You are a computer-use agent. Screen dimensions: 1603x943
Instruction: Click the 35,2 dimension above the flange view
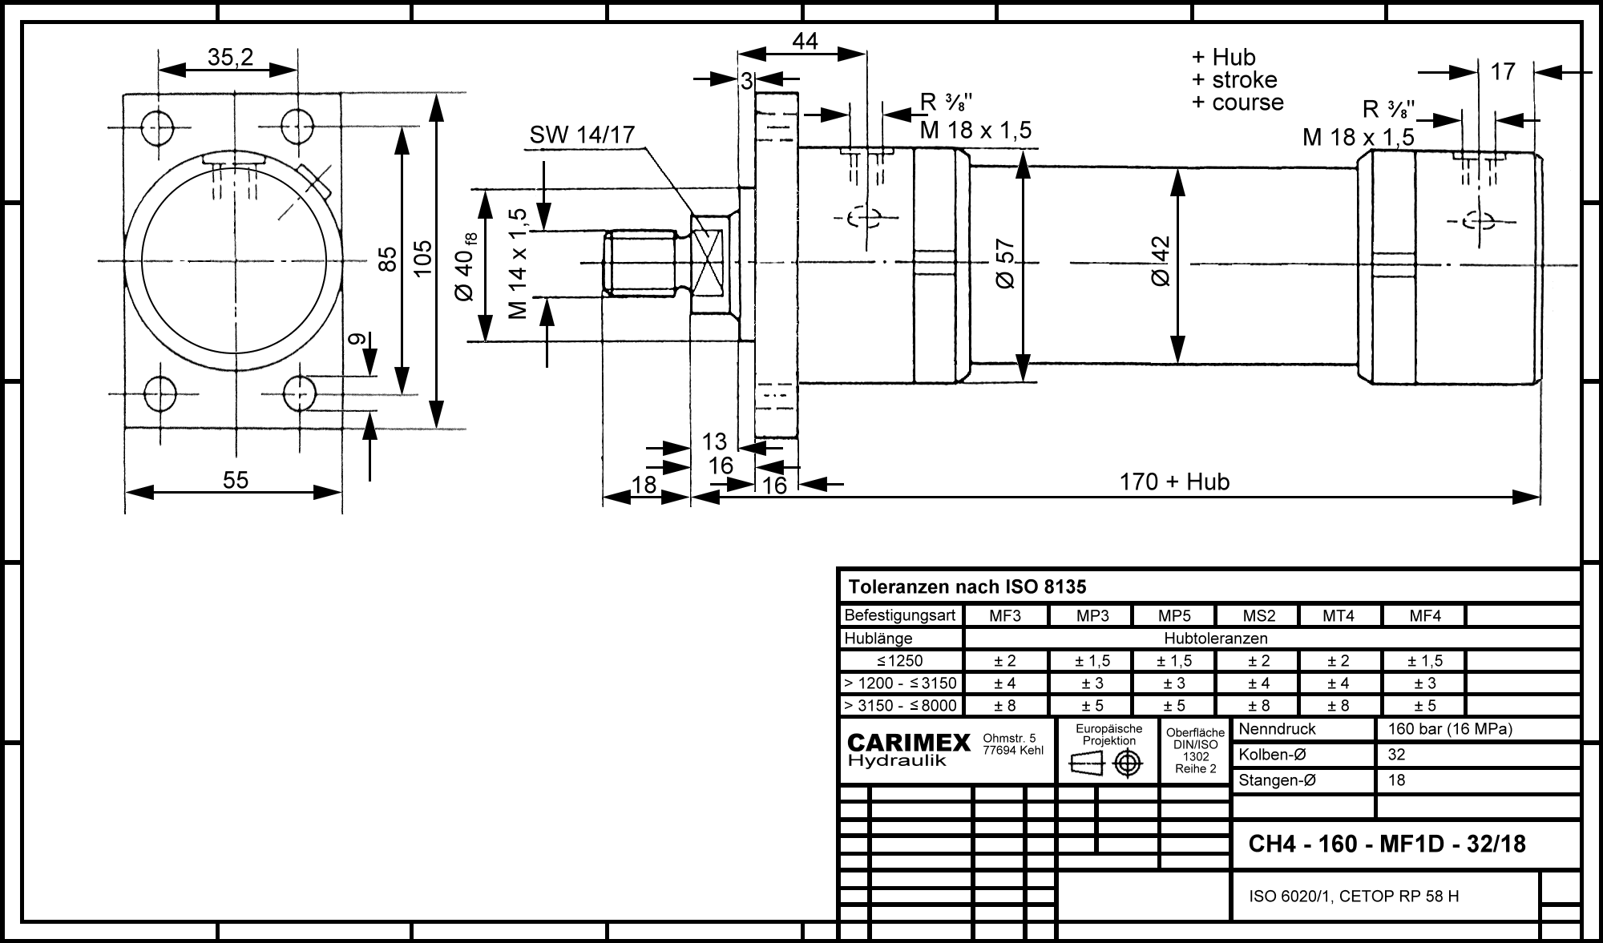(x=230, y=57)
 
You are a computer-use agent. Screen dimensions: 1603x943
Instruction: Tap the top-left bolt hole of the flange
(x=158, y=126)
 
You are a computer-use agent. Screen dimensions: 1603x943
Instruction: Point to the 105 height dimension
(x=423, y=259)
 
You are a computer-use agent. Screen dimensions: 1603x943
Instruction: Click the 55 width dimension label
(x=236, y=480)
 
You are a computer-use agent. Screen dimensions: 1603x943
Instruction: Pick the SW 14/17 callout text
(x=582, y=135)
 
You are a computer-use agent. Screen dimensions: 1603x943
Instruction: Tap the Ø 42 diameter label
(x=1160, y=261)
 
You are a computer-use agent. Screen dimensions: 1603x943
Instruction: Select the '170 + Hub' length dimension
(x=1174, y=482)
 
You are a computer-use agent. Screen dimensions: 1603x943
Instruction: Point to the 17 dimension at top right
(x=1503, y=71)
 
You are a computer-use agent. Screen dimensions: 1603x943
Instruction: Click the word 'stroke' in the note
(x=1244, y=80)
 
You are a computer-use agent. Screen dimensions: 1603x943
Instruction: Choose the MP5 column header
(x=1174, y=616)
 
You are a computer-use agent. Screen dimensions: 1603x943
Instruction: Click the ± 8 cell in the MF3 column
(x=1005, y=706)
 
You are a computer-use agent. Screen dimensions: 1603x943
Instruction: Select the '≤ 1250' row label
(x=899, y=661)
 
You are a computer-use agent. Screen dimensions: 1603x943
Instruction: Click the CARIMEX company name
(x=909, y=743)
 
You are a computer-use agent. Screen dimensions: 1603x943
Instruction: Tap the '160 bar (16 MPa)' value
(x=1449, y=729)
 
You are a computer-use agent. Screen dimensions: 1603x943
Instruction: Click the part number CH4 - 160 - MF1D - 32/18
(x=1387, y=844)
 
